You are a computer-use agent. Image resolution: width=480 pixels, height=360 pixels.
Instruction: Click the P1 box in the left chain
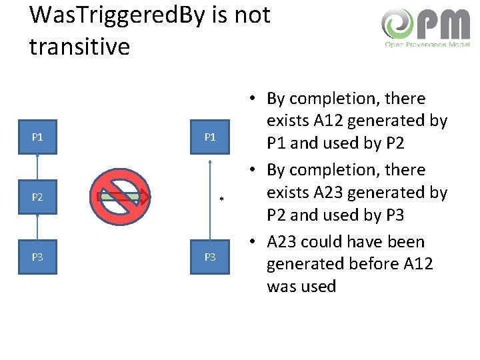coord(37,137)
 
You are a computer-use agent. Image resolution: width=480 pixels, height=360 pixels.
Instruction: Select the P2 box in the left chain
coord(37,197)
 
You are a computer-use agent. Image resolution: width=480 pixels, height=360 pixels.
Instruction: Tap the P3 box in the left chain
coord(37,257)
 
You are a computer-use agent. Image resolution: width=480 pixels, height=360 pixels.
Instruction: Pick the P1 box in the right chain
coord(210,137)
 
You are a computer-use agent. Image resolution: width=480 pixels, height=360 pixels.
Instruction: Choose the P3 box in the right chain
coord(210,257)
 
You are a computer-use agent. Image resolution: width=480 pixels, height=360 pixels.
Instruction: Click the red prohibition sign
coord(121,197)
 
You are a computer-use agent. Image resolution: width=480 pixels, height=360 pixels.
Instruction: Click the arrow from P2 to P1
coord(38,167)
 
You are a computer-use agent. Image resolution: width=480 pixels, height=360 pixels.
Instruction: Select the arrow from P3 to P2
coord(38,227)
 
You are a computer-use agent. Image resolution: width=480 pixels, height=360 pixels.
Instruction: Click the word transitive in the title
coord(79,46)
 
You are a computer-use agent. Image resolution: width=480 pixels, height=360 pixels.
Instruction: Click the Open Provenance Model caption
coord(427,45)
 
